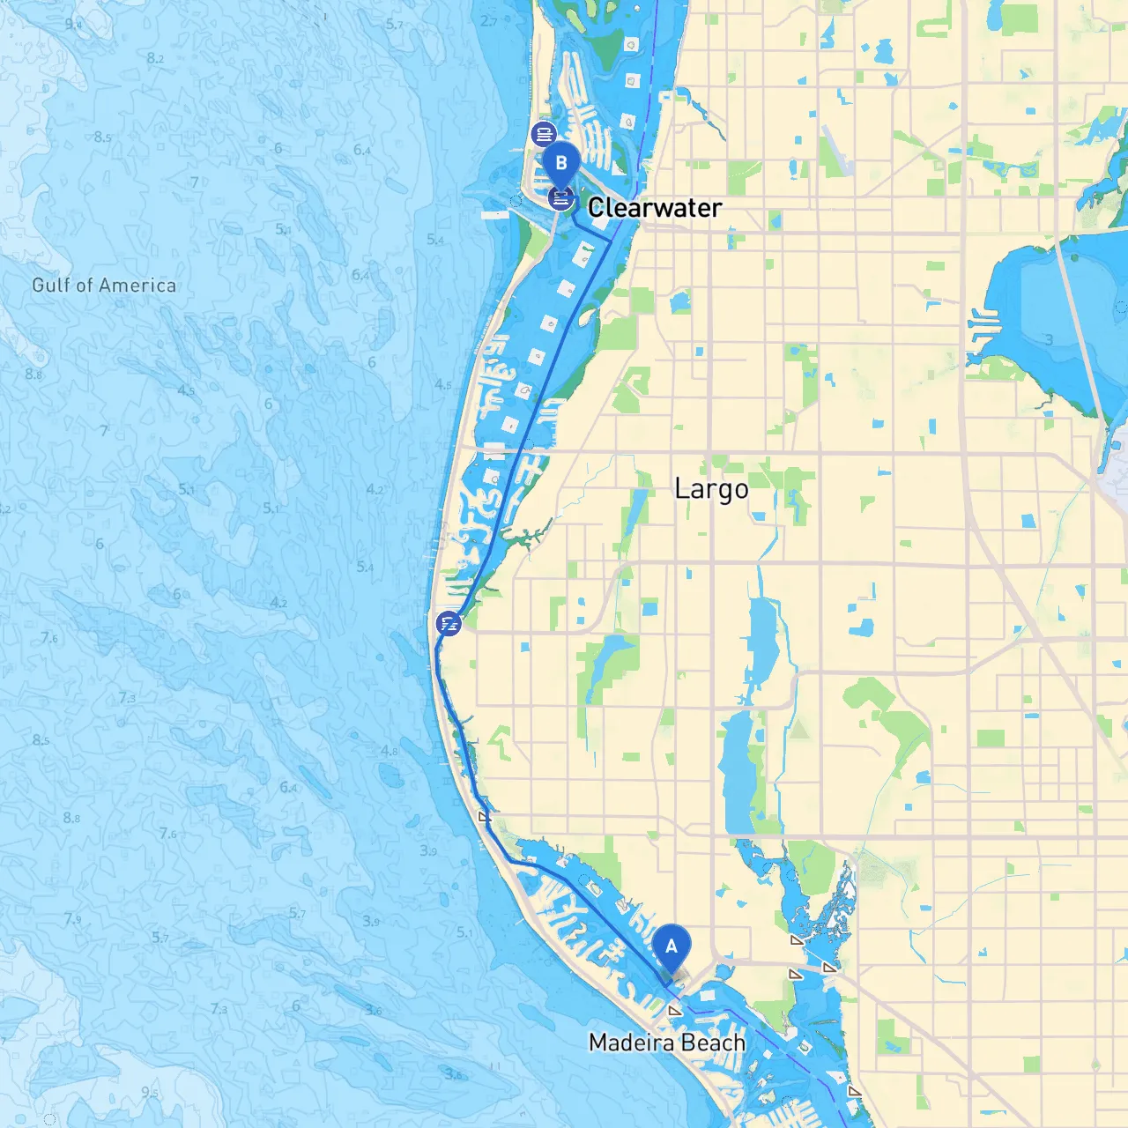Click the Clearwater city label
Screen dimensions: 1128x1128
pyautogui.click(x=654, y=208)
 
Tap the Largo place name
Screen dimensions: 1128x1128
pyautogui.click(x=711, y=489)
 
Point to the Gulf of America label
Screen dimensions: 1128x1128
pyautogui.click(x=104, y=286)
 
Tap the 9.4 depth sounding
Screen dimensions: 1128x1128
pyautogui.click(x=73, y=24)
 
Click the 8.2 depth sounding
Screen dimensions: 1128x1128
pyautogui.click(x=155, y=58)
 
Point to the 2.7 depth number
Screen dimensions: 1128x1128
pyautogui.click(x=489, y=20)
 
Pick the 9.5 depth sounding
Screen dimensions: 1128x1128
pyautogui.click(x=150, y=1093)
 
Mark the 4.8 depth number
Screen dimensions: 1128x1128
pyautogui.click(x=389, y=751)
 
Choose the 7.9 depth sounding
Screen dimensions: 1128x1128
pyautogui.click(x=72, y=919)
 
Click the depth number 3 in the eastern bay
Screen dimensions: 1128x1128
pyautogui.click(x=1049, y=339)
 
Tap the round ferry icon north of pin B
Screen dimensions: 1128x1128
pyautogui.click(x=544, y=135)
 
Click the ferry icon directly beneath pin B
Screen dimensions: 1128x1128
pyautogui.click(x=561, y=198)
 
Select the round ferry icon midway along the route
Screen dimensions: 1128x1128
pyautogui.click(x=449, y=624)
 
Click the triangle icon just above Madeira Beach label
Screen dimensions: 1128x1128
pyautogui.click(x=675, y=1011)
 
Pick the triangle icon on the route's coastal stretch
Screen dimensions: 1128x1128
pyautogui.click(x=484, y=816)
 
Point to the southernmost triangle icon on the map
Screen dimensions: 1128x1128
pyautogui.click(x=853, y=1091)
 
